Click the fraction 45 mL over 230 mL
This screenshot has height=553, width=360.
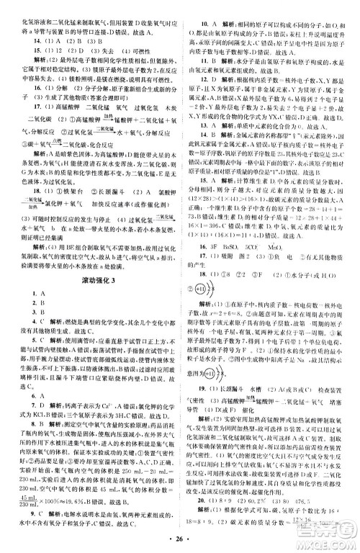coord(29,478)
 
